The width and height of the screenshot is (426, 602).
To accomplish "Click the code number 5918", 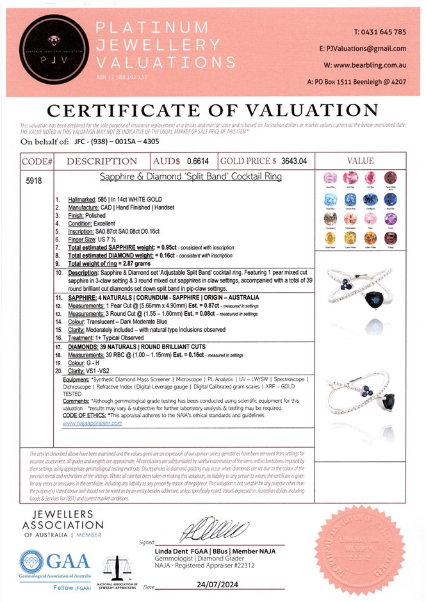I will tap(34, 182).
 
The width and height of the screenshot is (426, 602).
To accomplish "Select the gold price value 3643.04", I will tap(295, 161).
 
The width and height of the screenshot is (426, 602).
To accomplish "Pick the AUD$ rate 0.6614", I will tap(197, 161).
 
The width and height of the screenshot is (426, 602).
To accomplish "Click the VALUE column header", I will tap(365, 162).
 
